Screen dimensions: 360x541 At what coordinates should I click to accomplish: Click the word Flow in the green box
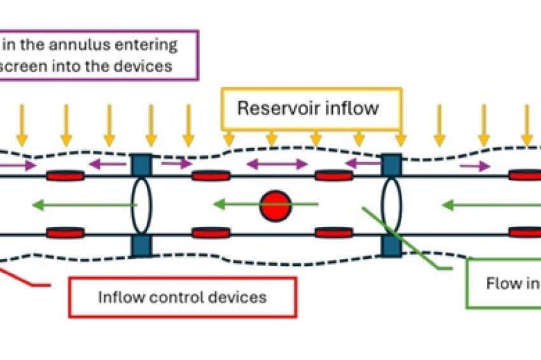[505, 284]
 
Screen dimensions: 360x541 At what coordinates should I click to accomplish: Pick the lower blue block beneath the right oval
[391, 246]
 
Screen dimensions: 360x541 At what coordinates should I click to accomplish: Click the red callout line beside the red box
[25, 280]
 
